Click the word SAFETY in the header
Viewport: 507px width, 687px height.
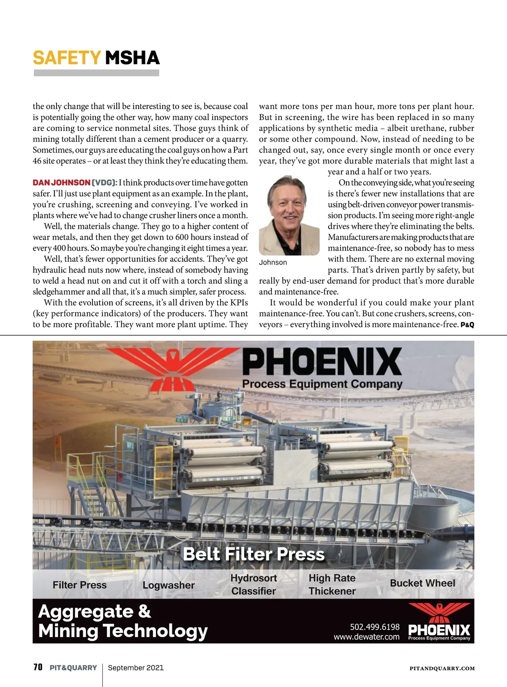pyautogui.click(x=67, y=58)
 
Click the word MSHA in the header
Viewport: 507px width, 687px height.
pyautogui.click(x=132, y=58)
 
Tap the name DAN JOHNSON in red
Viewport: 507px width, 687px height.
pyautogui.click(x=61, y=183)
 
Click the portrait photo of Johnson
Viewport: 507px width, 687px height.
pyautogui.click(x=289, y=215)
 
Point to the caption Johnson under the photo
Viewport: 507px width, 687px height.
pyautogui.click(x=273, y=262)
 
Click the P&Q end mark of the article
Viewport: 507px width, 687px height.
pyautogui.click(x=467, y=325)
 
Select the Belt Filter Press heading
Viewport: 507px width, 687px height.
pyautogui.click(x=253, y=554)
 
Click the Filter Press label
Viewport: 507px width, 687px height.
pyautogui.click(x=80, y=585)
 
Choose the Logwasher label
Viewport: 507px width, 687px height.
pyautogui.click(x=169, y=585)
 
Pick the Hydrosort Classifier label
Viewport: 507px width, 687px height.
pyautogui.click(x=253, y=584)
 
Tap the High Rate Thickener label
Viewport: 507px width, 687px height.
pyautogui.click(x=332, y=584)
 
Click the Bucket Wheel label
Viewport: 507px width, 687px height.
pyautogui.click(x=422, y=583)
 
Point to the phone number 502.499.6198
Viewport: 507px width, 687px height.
pyautogui.click(x=375, y=627)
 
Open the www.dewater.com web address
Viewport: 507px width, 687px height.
pyautogui.click(x=366, y=637)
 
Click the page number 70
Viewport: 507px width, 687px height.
pyautogui.click(x=38, y=667)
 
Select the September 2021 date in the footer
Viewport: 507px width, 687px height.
pyautogui.click(x=136, y=668)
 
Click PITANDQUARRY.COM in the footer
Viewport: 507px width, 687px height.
pyautogui.click(x=442, y=668)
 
